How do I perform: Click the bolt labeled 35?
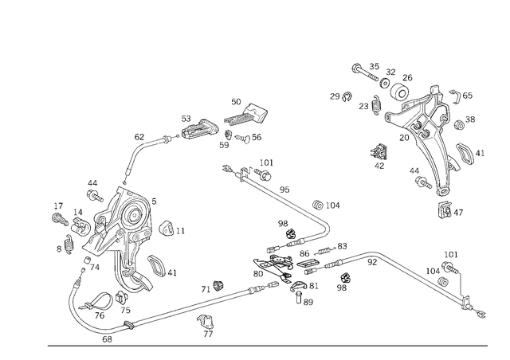[365, 73]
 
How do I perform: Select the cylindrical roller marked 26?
[400, 93]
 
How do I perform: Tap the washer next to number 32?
[385, 83]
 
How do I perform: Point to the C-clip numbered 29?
[347, 96]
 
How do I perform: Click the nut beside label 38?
[459, 124]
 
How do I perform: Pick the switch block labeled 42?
[379, 151]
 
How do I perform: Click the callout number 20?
[404, 138]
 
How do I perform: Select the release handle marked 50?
[246, 115]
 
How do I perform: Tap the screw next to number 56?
[242, 139]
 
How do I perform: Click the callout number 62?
[139, 137]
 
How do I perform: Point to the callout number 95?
[284, 190]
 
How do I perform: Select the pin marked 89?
[299, 297]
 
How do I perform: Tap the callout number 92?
[372, 262]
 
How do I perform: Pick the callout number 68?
[107, 339]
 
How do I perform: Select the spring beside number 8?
[69, 245]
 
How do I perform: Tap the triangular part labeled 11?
[166, 229]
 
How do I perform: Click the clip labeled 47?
[444, 209]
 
